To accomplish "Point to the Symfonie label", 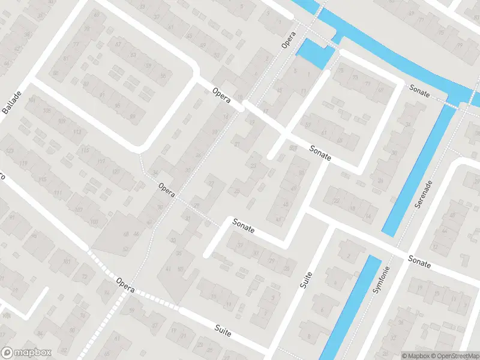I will point(379,280).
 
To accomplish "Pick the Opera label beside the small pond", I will point(290,38).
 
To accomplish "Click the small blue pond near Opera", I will point(314,53).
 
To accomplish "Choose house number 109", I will point(61,121).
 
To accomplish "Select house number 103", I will point(93,222).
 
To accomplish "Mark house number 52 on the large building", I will point(125,248).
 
